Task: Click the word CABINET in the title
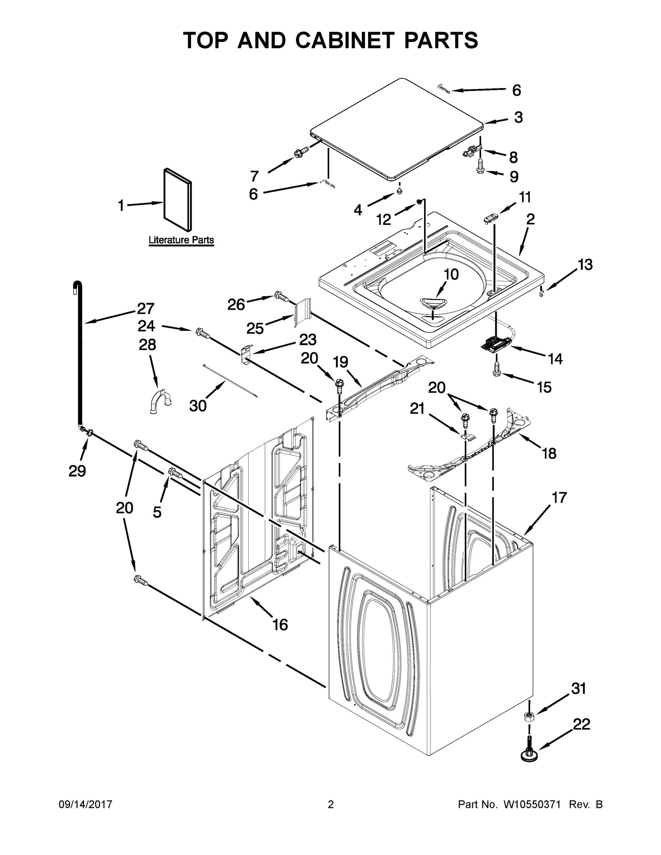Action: tap(344, 40)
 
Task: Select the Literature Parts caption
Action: tap(181, 240)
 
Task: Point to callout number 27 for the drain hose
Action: tap(146, 309)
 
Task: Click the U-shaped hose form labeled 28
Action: tap(161, 400)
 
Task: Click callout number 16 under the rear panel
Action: tap(280, 625)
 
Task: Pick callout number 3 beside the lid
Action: tap(518, 117)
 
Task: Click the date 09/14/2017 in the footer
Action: tap(86, 804)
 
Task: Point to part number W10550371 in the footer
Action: tap(531, 804)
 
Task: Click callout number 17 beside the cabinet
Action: tap(559, 498)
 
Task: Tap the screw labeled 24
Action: tap(202, 333)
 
